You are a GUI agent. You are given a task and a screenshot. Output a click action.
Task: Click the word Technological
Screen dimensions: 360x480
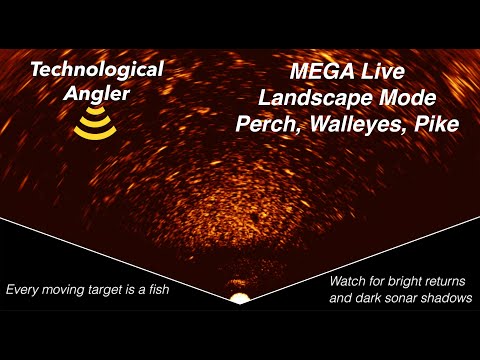pos(96,71)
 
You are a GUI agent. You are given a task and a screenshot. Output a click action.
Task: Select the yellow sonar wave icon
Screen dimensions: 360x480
pos(95,125)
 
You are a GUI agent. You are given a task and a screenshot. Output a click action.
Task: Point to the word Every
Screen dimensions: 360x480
pos(25,290)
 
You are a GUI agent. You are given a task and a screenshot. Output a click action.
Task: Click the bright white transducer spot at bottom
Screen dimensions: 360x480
pos(239,298)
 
